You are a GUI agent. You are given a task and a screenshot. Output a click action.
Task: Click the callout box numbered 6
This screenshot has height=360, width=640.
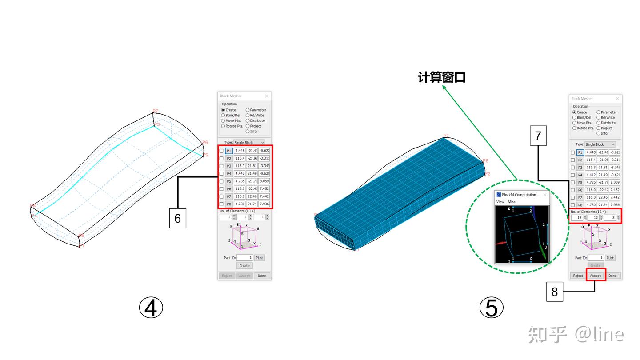pyautogui.click(x=177, y=218)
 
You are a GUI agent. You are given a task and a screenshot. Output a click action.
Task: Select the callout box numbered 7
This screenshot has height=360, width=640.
pyautogui.click(x=538, y=135)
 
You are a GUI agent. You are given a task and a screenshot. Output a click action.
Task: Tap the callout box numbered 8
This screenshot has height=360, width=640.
pyautogui.click(x=555, y=292)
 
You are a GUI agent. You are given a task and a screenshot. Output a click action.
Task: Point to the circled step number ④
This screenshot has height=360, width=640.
pyautogui.click(x=151, y=308)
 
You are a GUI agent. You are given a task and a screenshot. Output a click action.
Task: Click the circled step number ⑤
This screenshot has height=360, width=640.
pyautogui.click(x=492, y=308)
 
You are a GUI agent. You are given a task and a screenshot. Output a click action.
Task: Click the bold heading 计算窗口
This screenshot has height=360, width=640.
pyautogui.click(x=441, y=77)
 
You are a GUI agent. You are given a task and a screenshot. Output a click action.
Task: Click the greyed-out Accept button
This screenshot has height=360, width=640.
pyautogui.click(x=244, y=276)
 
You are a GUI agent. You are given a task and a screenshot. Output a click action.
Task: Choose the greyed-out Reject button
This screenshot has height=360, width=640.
pyautogui.click(x=227, y=276)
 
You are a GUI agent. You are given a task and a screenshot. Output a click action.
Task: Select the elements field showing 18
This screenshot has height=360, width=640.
pyautogui.click(x=577, y=218)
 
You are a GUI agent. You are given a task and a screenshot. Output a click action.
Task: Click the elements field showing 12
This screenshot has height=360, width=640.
pyautogui.click(x=593, y=218)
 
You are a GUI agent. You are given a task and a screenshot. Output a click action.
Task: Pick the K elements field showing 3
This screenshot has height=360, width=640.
pyautogui.click(x=610, y=218)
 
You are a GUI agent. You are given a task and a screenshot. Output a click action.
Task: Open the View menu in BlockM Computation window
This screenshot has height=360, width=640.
pyautogui.click(x=500, y=202)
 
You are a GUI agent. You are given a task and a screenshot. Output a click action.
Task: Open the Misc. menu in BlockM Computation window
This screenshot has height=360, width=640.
pyautogui.click(x=512, y=202)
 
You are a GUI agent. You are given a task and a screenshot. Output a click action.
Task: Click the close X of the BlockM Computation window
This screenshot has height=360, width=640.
pyautogui.click(x=545, y=195)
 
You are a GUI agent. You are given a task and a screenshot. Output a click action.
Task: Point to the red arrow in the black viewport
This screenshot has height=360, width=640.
pyautogui.click(x=500, y=243)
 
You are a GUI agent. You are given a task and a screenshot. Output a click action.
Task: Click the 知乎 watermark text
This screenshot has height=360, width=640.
pyautogui.click(x=548, y=334)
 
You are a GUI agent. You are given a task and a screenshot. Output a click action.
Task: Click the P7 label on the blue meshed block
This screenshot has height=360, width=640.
pyautogui.click(x=446, y=136)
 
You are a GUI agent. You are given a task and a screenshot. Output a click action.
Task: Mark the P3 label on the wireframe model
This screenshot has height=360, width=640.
pyautogui.click(x=156, y=124)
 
